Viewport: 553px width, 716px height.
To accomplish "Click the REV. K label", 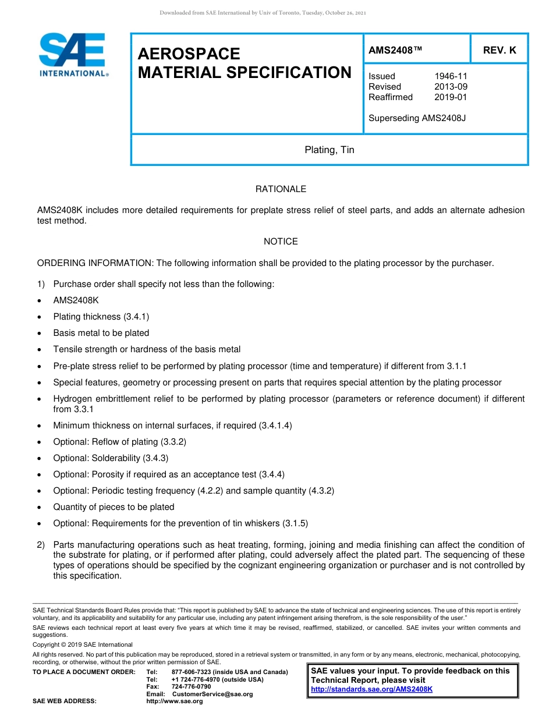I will point(499,51).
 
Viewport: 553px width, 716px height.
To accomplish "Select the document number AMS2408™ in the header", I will point(395,51).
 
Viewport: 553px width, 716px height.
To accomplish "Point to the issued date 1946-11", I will point(451,76).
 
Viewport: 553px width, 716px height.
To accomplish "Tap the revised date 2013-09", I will point(451,87).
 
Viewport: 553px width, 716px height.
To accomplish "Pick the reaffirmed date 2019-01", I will point(451,97).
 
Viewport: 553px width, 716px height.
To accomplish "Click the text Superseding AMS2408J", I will point(417,118).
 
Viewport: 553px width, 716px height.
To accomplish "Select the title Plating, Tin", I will point(329,150).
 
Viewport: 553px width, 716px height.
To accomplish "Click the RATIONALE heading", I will point(281,189).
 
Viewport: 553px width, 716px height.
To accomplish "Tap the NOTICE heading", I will point(281,242).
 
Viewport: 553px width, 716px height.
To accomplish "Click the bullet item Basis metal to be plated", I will point(101,333).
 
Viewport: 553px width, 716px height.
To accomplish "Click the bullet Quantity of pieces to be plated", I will point(114,507).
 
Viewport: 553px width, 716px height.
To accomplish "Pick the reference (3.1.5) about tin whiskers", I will point(295,523).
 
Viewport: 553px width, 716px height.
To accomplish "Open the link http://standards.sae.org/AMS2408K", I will point(371,689).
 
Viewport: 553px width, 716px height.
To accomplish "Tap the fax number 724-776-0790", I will point(191,687).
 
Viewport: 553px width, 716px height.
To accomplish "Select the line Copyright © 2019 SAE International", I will point(83,644).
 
